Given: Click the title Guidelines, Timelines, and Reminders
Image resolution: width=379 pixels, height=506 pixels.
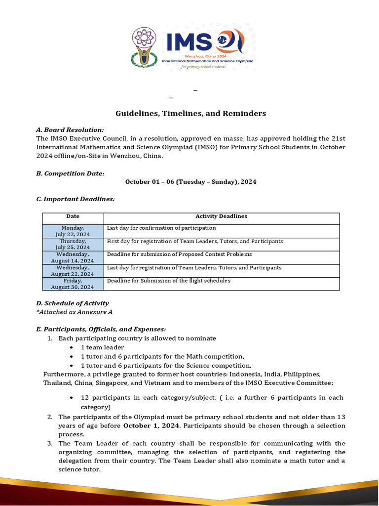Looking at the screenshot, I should [x=190, y=114].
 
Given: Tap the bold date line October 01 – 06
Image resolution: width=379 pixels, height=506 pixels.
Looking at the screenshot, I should [x=190, y=182].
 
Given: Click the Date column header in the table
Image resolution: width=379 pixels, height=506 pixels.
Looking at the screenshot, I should [x=73, y=216].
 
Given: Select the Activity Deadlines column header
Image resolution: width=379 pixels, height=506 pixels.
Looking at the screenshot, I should [x=221, y=216].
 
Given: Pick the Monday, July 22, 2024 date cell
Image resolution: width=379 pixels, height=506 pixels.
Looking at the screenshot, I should [x=73, y=231].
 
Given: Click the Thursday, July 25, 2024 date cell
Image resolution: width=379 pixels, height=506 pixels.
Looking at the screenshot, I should [x=73, y=244].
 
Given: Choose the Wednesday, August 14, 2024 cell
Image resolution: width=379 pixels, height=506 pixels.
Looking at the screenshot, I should [x=73, y=257].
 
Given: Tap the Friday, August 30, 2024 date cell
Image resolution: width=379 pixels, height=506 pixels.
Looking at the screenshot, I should [x=73, y=284].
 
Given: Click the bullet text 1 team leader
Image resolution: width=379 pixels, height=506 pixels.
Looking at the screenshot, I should [x=103, y=348].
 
